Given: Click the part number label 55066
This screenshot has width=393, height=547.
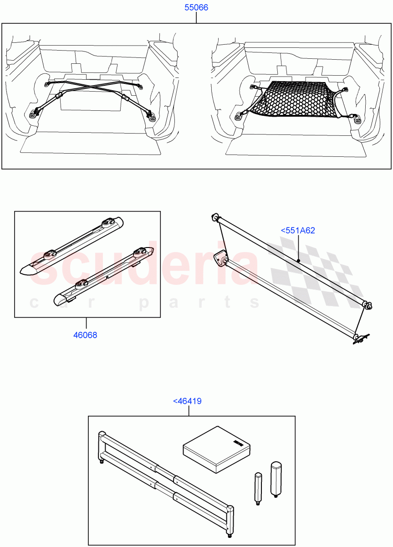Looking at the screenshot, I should [196, 8].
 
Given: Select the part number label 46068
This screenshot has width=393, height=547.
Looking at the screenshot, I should [85, 335].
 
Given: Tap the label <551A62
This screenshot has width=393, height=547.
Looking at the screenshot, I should [298, 231].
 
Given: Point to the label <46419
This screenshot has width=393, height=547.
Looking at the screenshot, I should [187, 401].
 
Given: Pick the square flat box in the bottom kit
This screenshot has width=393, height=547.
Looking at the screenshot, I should [216, 449].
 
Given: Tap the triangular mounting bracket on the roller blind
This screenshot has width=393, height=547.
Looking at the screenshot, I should [221, 259].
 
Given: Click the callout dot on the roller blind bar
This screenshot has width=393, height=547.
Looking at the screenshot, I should [298, 261].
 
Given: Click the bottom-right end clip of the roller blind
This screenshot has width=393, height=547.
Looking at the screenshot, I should [360, 338].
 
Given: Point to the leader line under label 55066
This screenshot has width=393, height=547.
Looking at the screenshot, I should [196, 18].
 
